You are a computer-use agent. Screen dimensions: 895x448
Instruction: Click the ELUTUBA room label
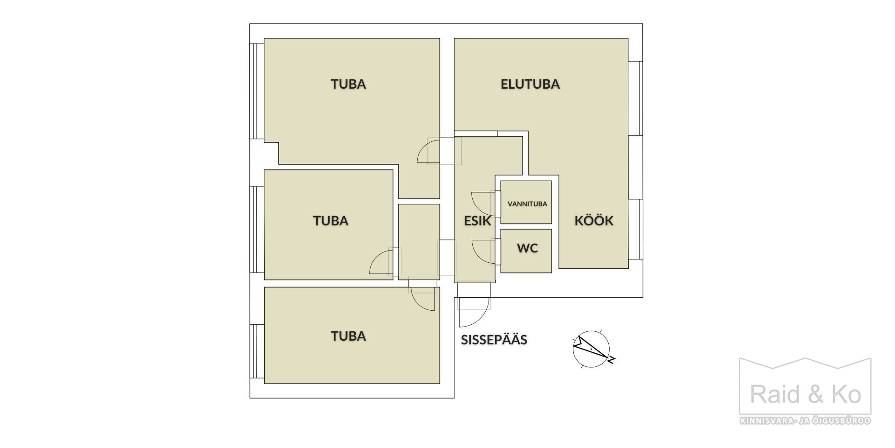[530, 84]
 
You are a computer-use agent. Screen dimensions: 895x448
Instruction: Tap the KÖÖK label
[593, 221]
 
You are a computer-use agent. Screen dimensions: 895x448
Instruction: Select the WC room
[526, 251]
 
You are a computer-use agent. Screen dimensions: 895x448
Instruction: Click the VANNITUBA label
[527, 204]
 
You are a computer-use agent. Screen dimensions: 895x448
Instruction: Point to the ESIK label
[477, 221]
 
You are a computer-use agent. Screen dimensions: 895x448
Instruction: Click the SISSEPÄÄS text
[494, 340]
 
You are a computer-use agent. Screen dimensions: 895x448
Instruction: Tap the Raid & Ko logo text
[805, 394]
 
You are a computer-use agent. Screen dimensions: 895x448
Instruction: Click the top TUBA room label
[348, 84]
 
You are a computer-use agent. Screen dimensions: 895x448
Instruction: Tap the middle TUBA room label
[331, 221]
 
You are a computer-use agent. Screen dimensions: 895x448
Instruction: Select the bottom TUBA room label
[348, 336]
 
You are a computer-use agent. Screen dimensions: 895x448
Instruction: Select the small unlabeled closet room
[419, 242]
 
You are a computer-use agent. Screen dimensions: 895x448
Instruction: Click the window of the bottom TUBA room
[257, 351]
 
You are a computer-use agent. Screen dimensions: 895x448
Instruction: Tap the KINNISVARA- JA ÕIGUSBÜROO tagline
[805, 421]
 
